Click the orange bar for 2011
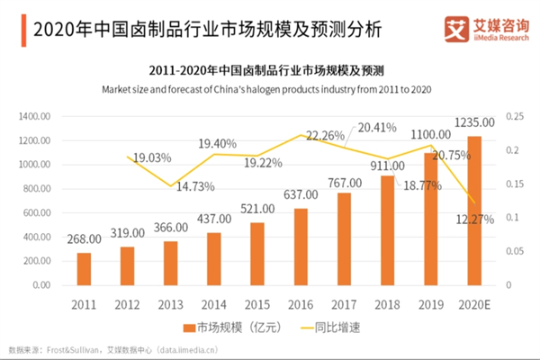tap(84, 268)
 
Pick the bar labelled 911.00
tap(388, 229)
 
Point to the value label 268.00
tap(84, 240)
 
